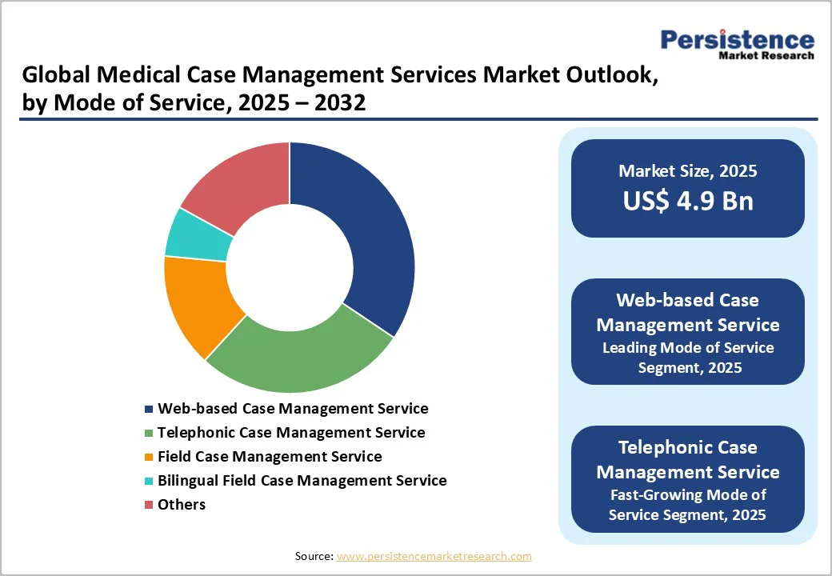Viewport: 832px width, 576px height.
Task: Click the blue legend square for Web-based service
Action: tap(149, 409)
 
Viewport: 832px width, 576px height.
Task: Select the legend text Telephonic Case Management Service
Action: tap(291, 432)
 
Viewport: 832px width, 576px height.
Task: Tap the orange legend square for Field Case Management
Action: tap(149, 457)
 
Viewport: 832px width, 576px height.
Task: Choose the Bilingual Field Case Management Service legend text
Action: tap(302, 480)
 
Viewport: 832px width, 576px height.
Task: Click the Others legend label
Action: tap(182, 504)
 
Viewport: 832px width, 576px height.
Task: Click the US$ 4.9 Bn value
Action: tap(688, 201)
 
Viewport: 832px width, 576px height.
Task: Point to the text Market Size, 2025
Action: tap(688, 170)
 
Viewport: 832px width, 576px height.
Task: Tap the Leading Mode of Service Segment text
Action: tap(688, 358)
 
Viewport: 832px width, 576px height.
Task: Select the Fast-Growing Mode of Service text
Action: tap(688, 504)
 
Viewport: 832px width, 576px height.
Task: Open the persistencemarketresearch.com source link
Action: tap(434, 556)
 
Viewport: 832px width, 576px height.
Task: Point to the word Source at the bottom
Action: tap(313, 556)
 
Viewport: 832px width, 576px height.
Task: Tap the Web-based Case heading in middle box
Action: tap(688, 300)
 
